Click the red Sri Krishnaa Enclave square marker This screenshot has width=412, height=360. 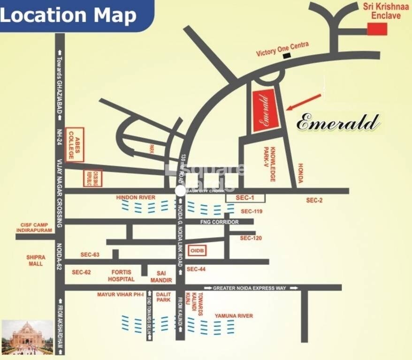[377, 29]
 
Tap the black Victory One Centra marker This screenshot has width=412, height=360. [286, 56]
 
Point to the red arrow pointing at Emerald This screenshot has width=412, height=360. [304, 102]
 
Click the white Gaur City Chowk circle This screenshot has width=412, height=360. [180, 191]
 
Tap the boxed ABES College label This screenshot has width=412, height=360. [75, 144]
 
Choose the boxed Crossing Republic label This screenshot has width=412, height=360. [92, 178]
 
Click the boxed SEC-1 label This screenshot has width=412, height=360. [245, 198]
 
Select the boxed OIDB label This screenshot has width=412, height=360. [196, 251]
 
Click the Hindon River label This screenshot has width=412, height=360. [136, 198]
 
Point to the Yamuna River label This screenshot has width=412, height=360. [234, 316]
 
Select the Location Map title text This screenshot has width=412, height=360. [69, 15]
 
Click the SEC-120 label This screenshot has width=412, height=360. [251, 238]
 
